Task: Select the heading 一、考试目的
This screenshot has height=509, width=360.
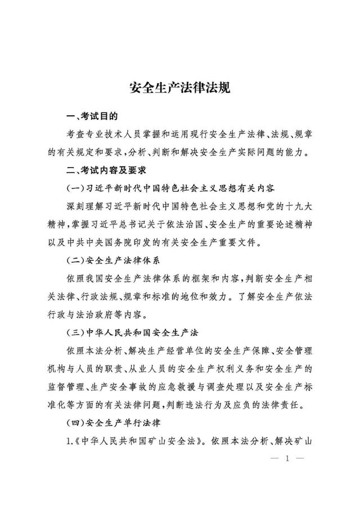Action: pyautogui.click(x=92, y=117)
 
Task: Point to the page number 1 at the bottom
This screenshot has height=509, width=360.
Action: pyautogui.click(x=287, y=458)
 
